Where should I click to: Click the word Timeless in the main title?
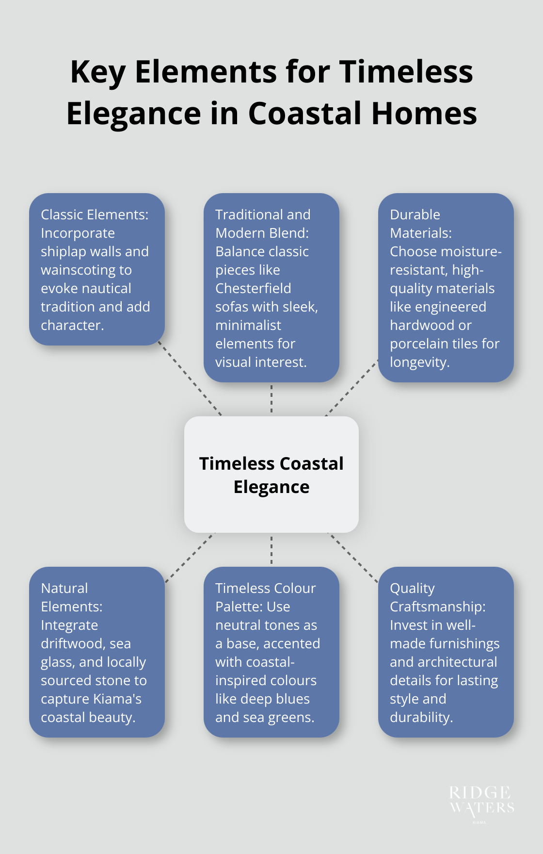click(x=406, y=72)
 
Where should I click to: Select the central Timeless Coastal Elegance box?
click(x=271, y=474)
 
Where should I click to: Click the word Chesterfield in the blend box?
click(x=253, y=288)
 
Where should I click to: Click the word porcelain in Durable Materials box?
click(x=419, y=344)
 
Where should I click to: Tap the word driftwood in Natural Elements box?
click(x=73, y=644)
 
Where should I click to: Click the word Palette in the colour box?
click(x=239, y=607)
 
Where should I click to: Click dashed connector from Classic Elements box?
click(x=190, y=380)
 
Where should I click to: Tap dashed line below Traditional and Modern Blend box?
click(x=271, y=398)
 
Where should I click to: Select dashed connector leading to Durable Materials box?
click(x=352, y=388)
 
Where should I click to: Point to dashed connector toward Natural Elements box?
click(x=190, y=558)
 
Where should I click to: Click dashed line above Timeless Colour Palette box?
click(x=271, y=550)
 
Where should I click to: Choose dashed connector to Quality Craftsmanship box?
click(x=353, y=558)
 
